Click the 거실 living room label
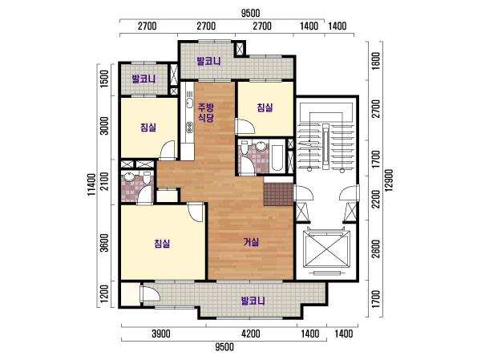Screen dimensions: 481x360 [x=251, y=242]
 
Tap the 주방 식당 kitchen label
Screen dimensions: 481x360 [x=205, y=112]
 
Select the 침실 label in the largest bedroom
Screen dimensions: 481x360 [x=162, y=244]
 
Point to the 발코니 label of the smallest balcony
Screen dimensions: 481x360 [x=143, y=79]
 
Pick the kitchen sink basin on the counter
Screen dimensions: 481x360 [x=189, y=103]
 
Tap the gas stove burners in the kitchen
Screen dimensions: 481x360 [x=190, y=127]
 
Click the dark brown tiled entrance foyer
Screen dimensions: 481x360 [x=278, y=194]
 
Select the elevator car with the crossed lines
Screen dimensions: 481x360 [x=326, y=249]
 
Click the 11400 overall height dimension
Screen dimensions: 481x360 [x=91, y=184]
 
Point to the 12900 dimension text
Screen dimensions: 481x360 [x=389, y=180]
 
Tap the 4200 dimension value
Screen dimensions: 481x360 [x=251, y=334]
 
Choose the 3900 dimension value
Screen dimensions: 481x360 [x=161, y=334]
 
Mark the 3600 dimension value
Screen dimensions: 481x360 [x=104, y=243]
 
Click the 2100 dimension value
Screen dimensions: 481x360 [x=104, y=181]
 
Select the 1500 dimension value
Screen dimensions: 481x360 [x=104, y=79]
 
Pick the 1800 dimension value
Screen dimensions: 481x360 [x=375, y=61]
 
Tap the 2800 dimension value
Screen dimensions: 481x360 [x=375, y=249]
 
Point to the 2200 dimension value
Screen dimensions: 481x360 [x=375, y=199]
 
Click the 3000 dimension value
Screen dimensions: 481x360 [x=104, y=126]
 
